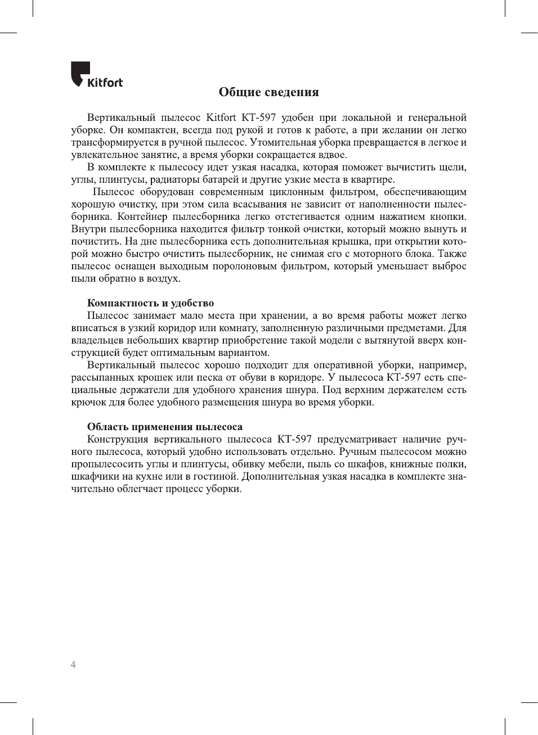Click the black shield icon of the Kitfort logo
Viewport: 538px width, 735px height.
click(x=80, y=73)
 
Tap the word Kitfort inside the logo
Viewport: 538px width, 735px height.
click(x=105, y=83)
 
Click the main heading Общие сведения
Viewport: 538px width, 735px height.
click(x=268, y=92)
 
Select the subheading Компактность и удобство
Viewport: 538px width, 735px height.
click(x=150, y=303)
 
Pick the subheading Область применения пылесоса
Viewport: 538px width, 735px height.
click(x=164, y=427)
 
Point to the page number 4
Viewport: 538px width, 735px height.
click(x=73, y=665)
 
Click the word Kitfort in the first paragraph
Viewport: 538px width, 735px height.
click(x=221, y=118)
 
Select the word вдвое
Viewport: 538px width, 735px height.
click(x=333, y=155)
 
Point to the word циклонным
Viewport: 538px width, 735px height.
click(x=297, y=192)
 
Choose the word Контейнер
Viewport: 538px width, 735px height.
click(x=142, y=217)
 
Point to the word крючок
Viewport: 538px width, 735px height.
click(x=86, y=402)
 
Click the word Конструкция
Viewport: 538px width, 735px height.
click(x=118, y=439)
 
